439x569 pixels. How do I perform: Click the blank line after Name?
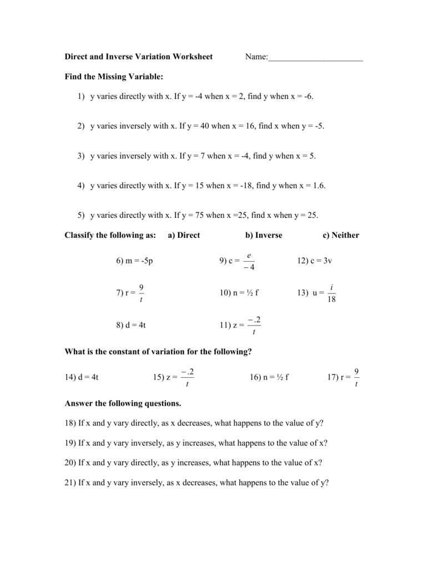tap(315, 58)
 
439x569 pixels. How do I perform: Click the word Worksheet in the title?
tap(192, 57)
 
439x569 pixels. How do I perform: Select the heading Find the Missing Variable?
tap(114, 76)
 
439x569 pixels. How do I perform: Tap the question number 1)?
tap(80, 97)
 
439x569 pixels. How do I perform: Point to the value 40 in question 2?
tap(203, 126)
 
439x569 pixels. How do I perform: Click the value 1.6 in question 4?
tap(319, 186)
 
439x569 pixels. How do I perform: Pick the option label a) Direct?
tap(184, 235)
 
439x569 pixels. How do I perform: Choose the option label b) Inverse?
tap(264, 235)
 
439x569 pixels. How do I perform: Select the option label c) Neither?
tap(341, 235)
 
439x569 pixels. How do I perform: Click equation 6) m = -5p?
tap(134, 261)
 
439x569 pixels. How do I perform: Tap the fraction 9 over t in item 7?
tap(142, 293)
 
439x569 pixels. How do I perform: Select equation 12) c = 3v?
tap(315, 261)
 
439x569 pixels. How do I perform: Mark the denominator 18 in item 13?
tap(332, 300)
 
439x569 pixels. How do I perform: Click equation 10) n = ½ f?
tap(239, 293)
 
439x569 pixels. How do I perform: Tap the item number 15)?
tap(158, 377)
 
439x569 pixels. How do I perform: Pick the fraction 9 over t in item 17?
tap(356, 377)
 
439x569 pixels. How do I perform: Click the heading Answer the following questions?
tap(123, 403)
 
